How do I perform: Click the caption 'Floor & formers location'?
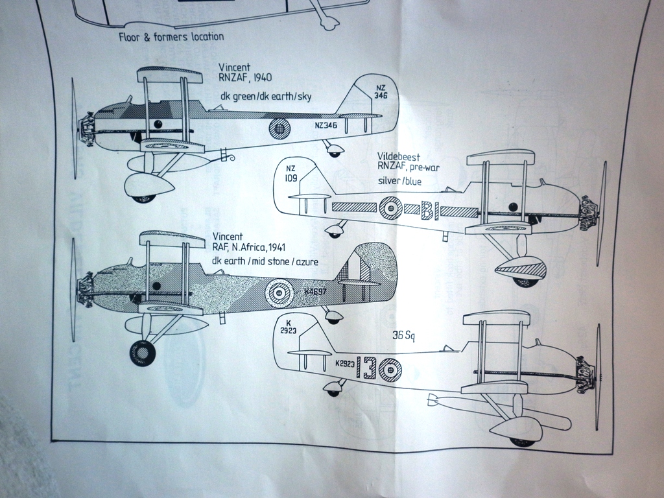(171, 37)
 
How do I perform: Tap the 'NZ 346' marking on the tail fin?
(381, 91)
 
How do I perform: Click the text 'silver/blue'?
(399, 181)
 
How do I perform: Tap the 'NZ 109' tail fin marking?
(290, 173)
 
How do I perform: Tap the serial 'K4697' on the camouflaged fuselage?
(315, 292)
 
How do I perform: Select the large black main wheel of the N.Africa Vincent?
(142, 353)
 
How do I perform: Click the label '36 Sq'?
(403, 336)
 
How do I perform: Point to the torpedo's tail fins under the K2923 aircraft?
(433, 399)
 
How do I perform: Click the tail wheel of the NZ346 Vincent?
(335, 152)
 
